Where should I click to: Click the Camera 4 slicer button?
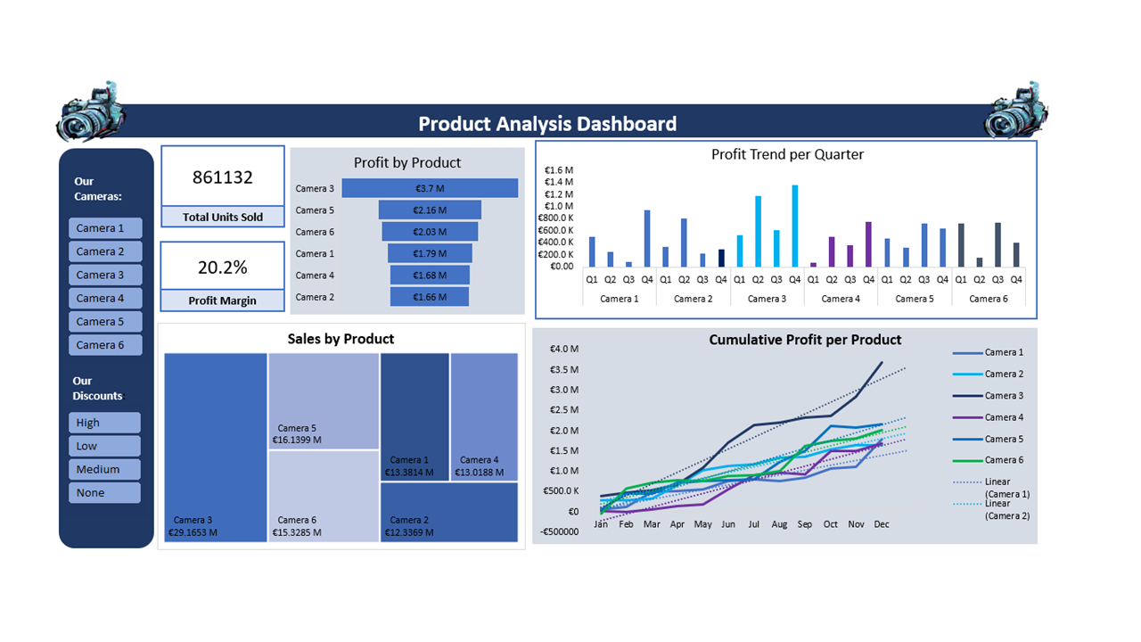105,298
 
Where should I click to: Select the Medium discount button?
104,469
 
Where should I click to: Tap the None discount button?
104,492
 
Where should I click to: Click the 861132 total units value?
223,177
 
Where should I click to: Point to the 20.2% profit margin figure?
223,267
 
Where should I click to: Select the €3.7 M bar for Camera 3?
430,188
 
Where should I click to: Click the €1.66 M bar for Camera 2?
430,297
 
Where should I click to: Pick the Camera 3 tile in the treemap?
216,446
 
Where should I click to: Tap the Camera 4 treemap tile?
484,416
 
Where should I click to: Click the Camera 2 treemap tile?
449,512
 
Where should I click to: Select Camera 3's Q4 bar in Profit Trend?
794,226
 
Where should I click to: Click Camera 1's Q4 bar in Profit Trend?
646,238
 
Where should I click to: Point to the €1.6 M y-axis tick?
558,170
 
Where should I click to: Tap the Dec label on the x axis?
882,524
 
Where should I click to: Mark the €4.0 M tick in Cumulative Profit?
563,349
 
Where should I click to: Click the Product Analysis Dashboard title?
547,124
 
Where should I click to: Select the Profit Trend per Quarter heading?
787,154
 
